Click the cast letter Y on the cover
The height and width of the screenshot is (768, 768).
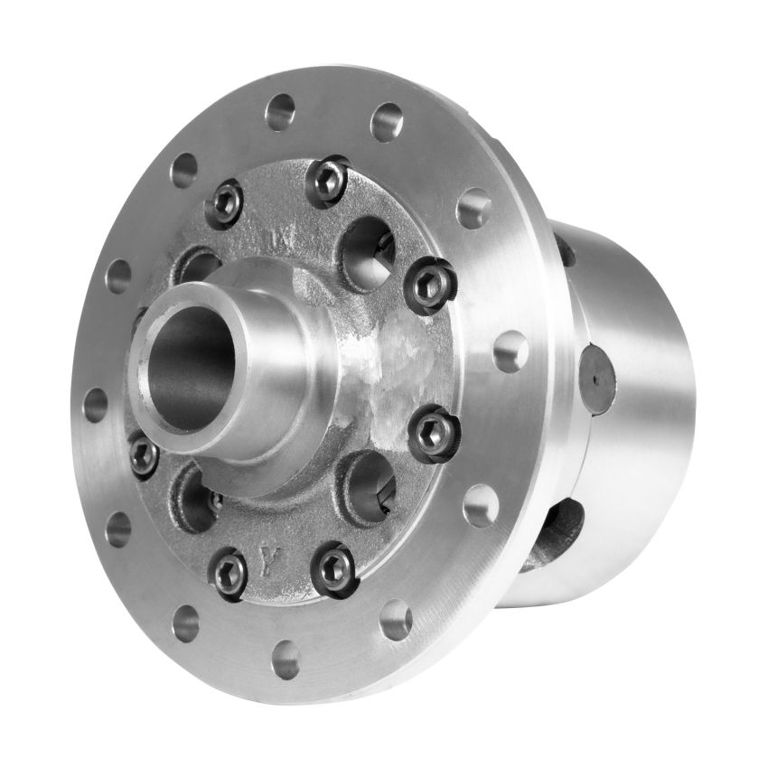tap(268, 554)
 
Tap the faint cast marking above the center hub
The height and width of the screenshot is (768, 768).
tap(276, 239)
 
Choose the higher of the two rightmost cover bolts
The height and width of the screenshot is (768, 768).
tap(429, 282)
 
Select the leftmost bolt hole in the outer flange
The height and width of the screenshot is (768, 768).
tap(95, 404)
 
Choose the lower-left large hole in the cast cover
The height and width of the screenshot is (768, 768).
tap(195, 497)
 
